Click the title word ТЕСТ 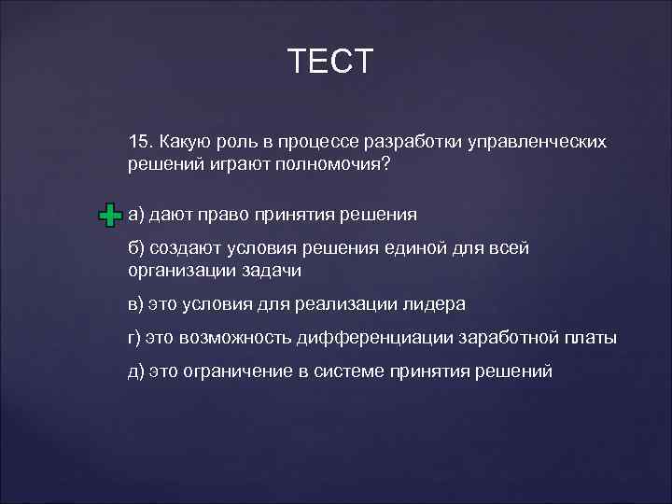[330, 62]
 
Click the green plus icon [109, 216]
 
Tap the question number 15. [140, 142]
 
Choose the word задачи [273, 270]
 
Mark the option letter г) [136, 337]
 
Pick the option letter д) [137, 371]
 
